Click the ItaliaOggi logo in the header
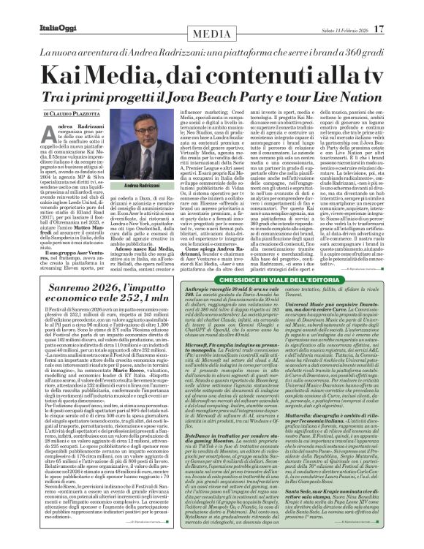click(x=34, y=9)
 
